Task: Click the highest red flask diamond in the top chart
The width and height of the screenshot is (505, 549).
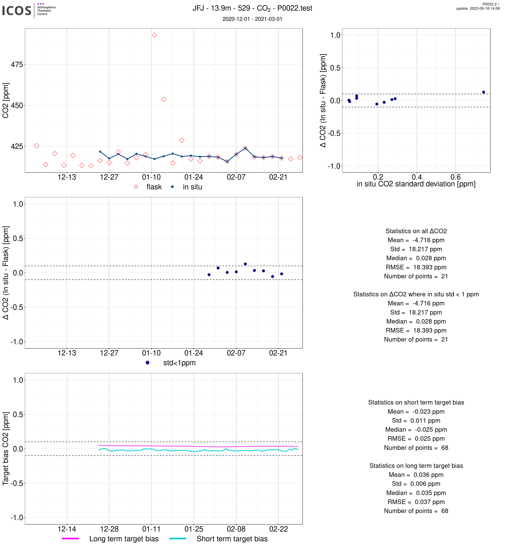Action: (154, 35)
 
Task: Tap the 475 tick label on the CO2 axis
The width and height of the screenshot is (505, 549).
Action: (17, 65)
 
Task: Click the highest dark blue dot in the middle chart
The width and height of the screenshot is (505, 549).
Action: (245, 264)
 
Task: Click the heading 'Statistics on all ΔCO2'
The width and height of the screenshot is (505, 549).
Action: (416, 231)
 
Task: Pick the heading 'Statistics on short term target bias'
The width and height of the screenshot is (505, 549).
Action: (416, 402)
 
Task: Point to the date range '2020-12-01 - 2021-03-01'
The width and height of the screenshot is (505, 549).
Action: (252, 19)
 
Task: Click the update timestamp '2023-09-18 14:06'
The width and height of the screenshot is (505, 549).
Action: (485, 8)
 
